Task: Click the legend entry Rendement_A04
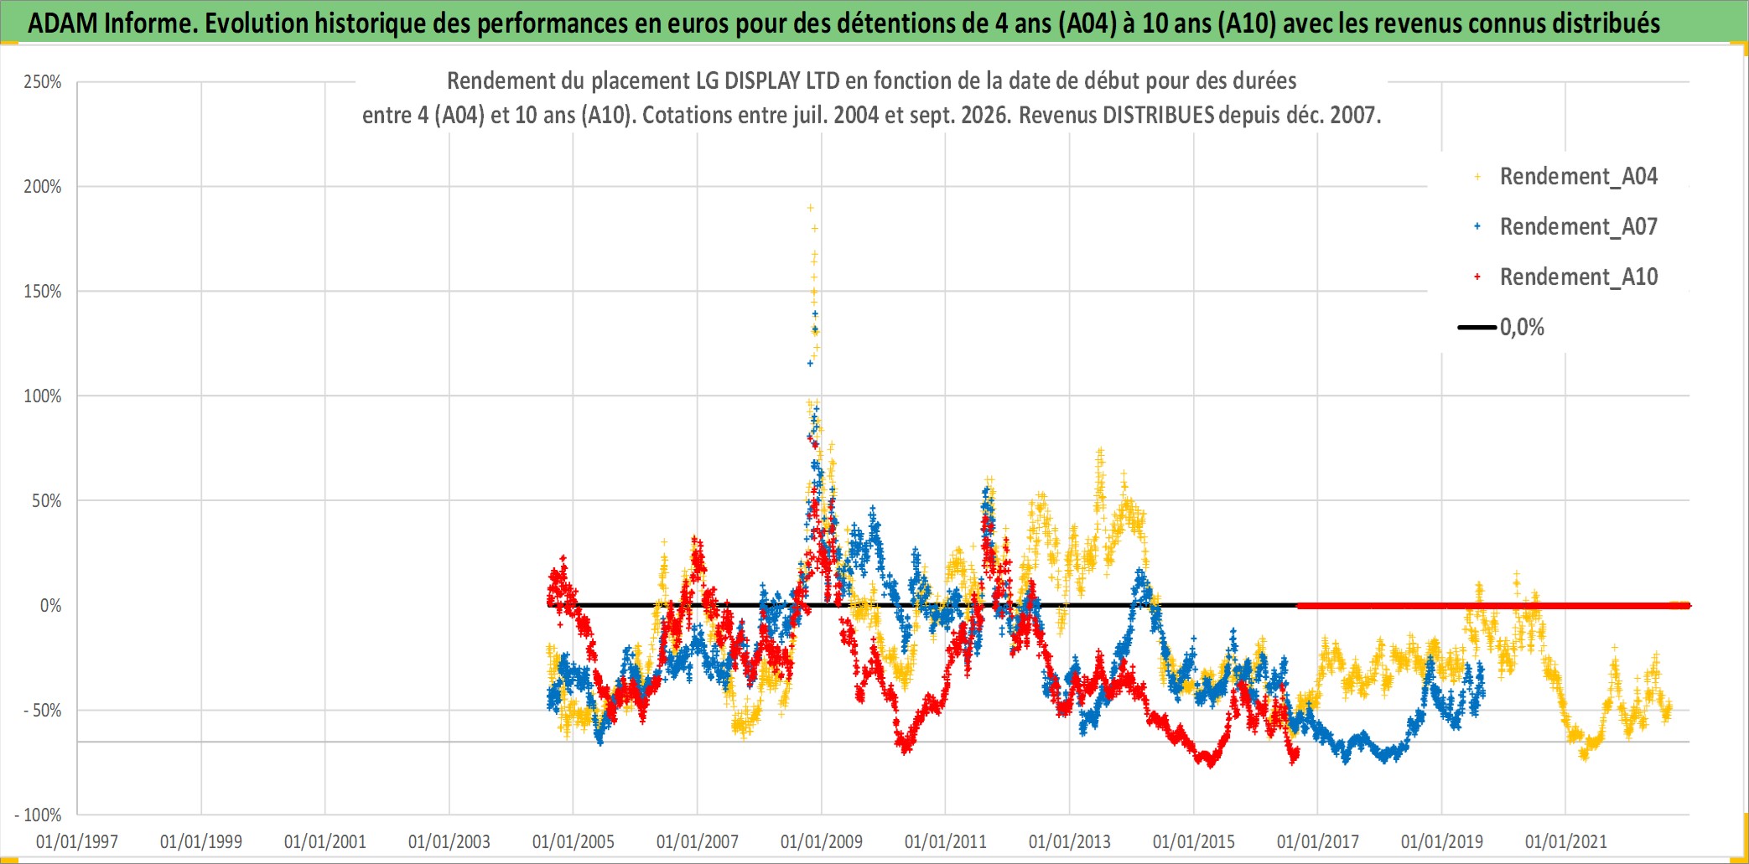[1578, 177]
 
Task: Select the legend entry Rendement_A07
[1578, 227]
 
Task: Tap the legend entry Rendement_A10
[1578, 277]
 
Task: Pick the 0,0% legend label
[1522, 328]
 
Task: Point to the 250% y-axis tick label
[43, 82]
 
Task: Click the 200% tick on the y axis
[43, 187]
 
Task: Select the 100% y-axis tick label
[43, 396]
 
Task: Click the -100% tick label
[39, 815]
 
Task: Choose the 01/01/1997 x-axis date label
[77, 841]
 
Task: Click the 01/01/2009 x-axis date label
[822, 841]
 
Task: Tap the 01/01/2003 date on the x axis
[449, 841]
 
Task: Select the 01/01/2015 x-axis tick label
[1194, 841]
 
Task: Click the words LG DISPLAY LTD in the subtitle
[768, 81]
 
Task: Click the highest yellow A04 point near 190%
[810, 208]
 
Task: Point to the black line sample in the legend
[1477, 328]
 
